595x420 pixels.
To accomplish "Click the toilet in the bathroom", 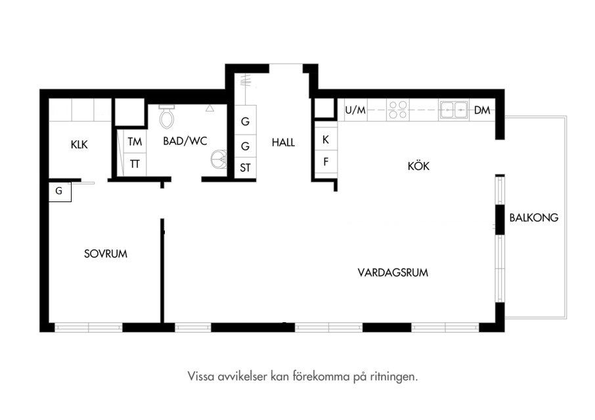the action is [x=167, y=116].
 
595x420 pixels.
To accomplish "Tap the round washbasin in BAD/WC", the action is [x=219, y=159].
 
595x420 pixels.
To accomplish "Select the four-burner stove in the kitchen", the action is [x=398, y=110].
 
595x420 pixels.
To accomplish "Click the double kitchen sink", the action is [x=454, y=110].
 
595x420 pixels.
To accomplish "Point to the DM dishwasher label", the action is [x=482, y=110].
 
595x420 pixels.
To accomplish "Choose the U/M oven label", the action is [x=355, y=110].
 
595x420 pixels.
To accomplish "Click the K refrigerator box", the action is [x=326, y=140].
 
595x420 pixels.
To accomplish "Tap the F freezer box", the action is [x=326, y=162].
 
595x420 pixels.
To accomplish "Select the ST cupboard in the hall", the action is [x=245, y=167].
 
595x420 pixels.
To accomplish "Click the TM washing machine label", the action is [x=135, y=142].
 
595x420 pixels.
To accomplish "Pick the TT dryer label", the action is [x=135, y=164].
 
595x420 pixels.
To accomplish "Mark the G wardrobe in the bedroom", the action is [x=60, y=192].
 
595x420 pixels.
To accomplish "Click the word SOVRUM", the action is [x=106, y=253].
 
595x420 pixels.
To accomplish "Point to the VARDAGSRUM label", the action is [x=393, y=272].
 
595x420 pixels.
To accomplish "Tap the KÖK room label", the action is [x=418, y=165].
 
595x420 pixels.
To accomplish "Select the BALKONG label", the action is [x=533, y=218].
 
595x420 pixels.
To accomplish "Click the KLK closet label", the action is [x=79, y=144].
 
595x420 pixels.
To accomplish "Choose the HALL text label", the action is [x=283, y=142].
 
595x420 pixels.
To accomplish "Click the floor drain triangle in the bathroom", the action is [x=209, y=108].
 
